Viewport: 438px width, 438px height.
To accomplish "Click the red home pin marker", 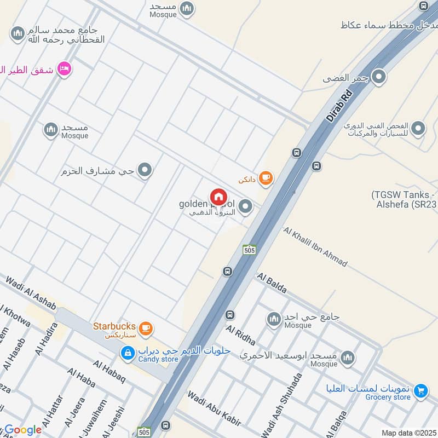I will (218, 197).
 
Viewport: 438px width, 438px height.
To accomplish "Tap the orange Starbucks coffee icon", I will (145, 328).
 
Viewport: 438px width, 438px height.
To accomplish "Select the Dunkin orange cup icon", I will (266, 177).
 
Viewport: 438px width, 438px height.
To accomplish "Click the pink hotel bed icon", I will (65, 69).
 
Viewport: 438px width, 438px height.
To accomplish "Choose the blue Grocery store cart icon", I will (420, 390).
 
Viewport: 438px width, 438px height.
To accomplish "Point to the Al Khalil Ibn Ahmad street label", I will (315, 246).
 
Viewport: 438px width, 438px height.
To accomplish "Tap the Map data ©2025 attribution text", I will (408, 433).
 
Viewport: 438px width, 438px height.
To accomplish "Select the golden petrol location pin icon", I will (246, 207).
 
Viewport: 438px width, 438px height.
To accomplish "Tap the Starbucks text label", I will (114, 326).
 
